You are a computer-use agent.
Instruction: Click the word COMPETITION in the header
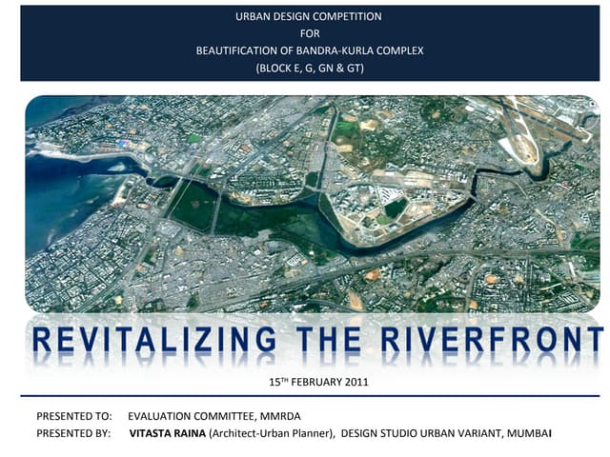(x=347, y=16)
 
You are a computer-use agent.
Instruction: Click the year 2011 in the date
(x=354, y=383)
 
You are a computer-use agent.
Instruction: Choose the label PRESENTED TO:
(x=73, y=417)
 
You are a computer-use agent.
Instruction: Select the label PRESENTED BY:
(x=73, y=434)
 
